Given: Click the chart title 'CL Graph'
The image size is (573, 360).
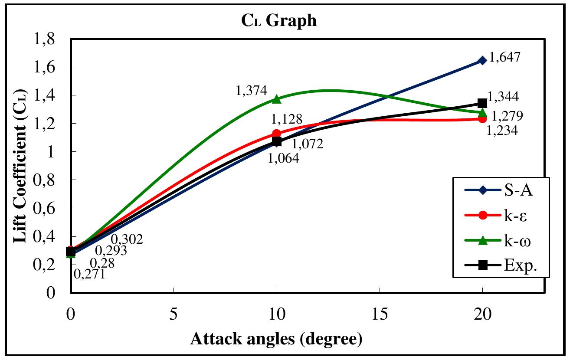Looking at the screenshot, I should (x=279, y=21).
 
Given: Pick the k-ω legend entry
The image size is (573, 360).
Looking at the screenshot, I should (x=499, y=242).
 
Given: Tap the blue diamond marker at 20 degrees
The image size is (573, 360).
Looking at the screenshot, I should (x=482, y=60).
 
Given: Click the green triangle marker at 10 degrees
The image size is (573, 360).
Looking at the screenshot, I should (x=276, y=99).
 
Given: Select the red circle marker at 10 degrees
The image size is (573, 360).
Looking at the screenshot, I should (x=276, y=134).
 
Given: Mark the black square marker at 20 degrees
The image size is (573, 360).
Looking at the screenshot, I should (x=482, y=103).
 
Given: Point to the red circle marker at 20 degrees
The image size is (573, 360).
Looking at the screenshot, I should (x=482, y=119).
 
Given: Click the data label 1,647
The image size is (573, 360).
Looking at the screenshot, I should (x=504, y=58).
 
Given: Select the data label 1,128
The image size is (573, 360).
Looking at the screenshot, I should (x=287, y=118).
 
